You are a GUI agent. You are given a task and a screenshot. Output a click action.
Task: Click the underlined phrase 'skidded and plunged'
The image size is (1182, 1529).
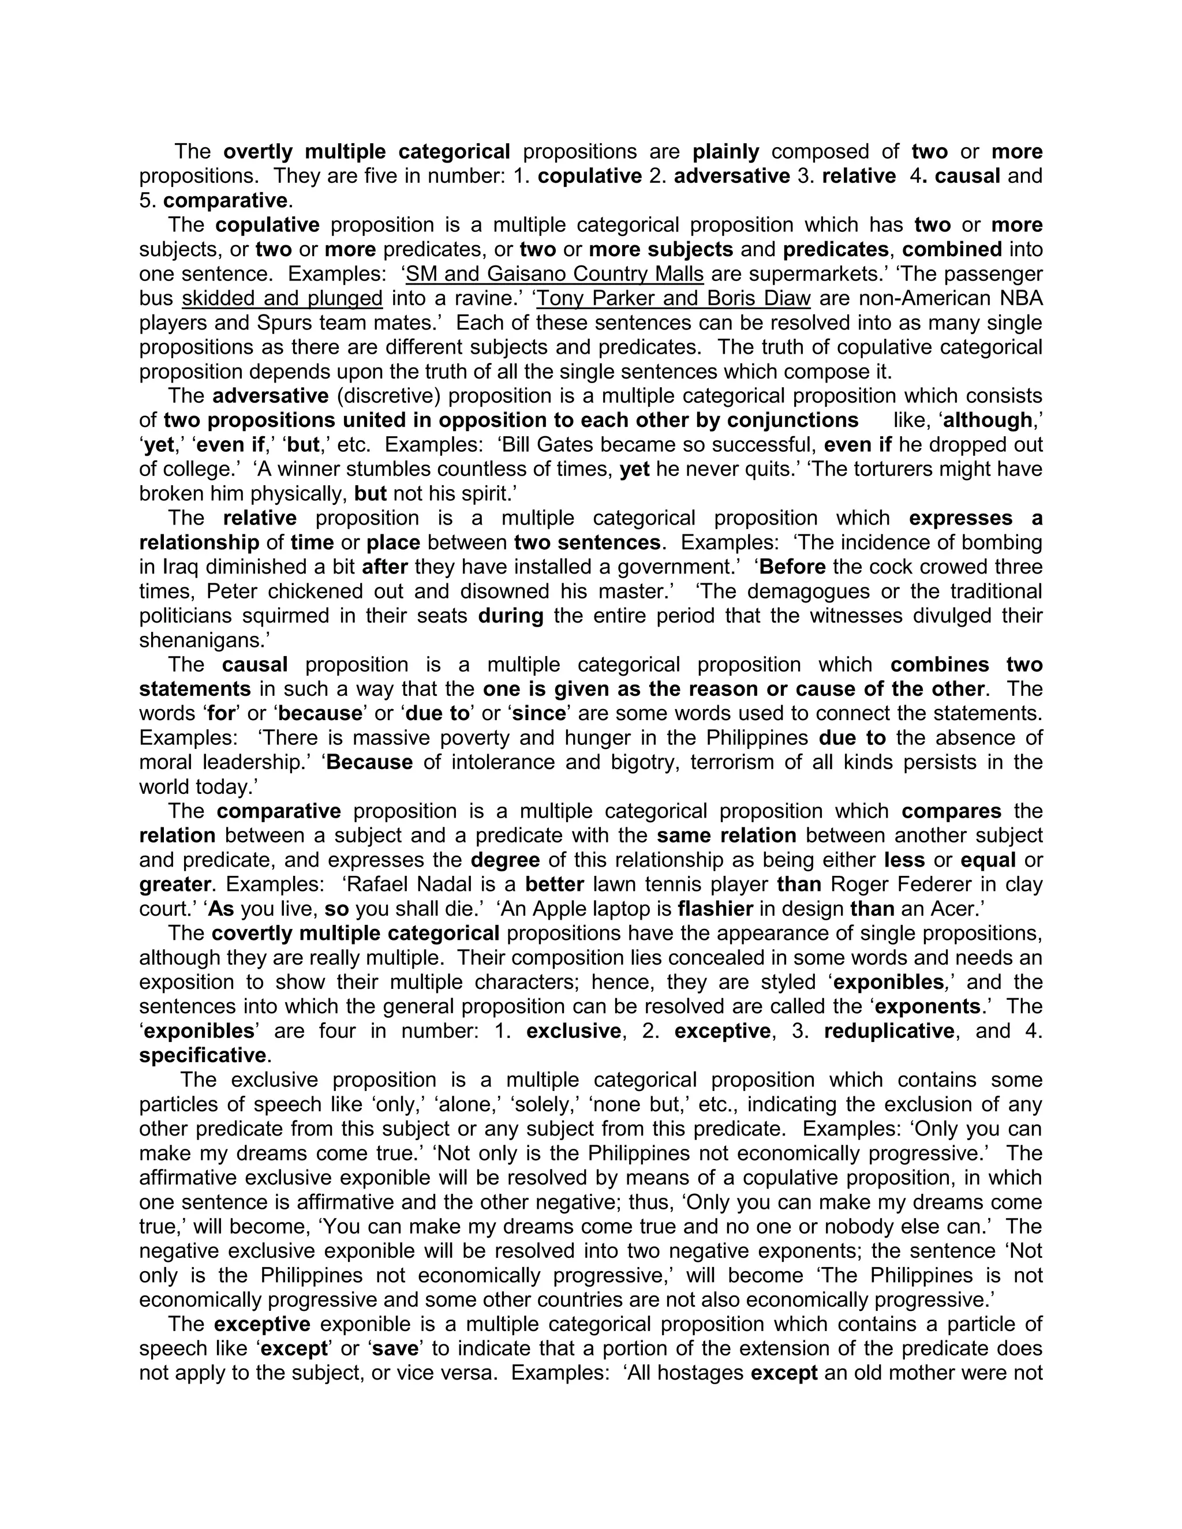(x=282, y=299)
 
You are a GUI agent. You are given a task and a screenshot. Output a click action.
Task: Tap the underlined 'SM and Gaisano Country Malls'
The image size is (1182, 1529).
(x=555, y=275)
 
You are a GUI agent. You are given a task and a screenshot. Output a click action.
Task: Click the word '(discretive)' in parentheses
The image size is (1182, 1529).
(x=388, y=396)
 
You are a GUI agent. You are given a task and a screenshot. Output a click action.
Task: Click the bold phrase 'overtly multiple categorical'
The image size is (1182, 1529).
(x=367, y=152)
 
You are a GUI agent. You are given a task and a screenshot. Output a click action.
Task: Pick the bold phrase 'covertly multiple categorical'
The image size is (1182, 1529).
(x=355, y=934)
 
